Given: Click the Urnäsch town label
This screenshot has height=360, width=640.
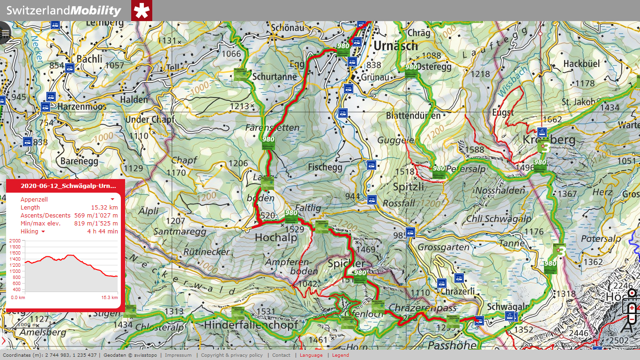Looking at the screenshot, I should (395, 46).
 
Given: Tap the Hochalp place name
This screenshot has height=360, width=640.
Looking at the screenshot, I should (276, 238).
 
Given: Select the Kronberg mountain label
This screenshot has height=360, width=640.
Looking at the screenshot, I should (549, 140).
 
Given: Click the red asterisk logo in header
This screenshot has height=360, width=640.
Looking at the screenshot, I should (141, 11).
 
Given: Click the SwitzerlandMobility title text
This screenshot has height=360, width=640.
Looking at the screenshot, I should (64, 11).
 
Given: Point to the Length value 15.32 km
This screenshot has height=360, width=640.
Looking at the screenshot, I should (104, 208).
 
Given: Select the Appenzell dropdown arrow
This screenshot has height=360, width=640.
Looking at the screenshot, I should (112, 200).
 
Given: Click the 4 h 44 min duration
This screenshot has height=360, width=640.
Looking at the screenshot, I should (102, 232).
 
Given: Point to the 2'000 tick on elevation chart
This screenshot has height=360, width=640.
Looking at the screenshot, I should (15, 240).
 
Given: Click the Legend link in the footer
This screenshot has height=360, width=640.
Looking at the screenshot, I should (341, 355).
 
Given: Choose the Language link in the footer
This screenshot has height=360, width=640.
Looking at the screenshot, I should (311, 355).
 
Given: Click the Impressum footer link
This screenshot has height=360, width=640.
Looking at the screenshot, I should (178, 355).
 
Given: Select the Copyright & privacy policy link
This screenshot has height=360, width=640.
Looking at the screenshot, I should (232, 355).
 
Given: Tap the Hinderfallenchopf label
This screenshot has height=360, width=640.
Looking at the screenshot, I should (251, 324).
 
